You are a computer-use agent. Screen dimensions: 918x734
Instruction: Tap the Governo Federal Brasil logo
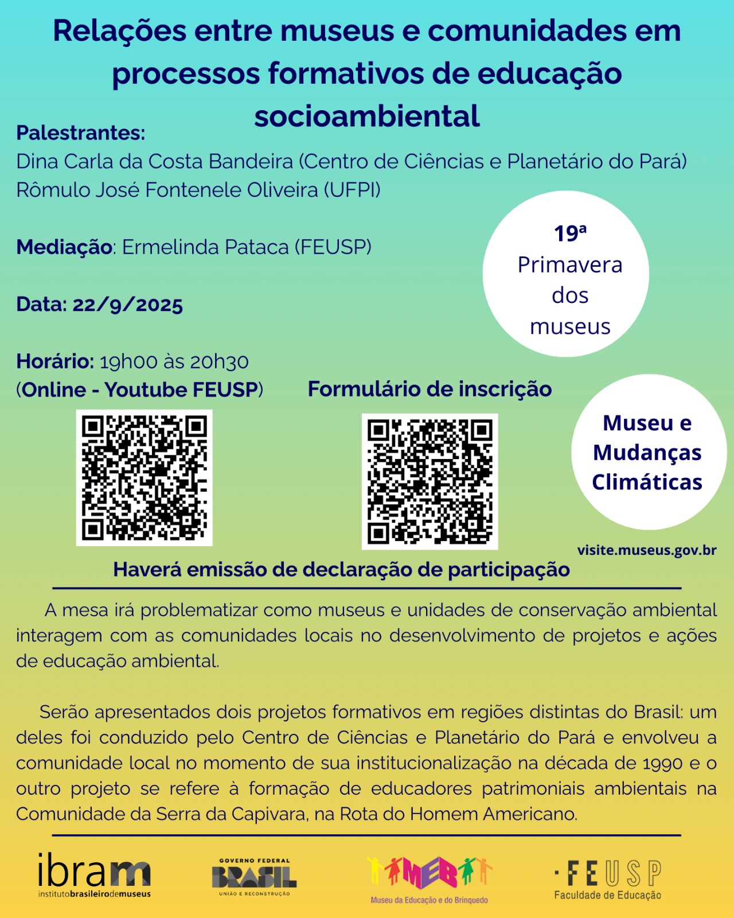click(254, 877)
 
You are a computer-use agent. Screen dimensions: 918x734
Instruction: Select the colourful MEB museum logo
click(430, 880)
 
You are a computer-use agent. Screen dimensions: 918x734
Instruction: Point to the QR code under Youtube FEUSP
click(144, 477)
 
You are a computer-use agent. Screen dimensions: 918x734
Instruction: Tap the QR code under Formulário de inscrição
click(430, 481)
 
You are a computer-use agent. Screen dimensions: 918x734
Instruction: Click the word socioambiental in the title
click(367, 116)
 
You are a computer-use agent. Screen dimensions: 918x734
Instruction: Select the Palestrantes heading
click(81, 133)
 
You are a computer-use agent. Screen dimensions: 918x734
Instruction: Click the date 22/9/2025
click(127, 305)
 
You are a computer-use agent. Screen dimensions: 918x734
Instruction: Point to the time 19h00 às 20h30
click(174, 361)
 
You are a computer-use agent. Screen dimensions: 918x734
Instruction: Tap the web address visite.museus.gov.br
click(647, 550)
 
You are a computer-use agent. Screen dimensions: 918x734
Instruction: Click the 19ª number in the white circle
click(570, 233)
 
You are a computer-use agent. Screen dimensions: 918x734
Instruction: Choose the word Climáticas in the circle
click(647, 483)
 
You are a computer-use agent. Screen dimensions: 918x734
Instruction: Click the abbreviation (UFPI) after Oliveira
click(352, 190)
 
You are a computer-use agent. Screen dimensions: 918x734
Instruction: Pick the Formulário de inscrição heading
click(430, 389)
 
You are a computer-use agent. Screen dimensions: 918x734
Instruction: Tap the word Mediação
click(64, 247)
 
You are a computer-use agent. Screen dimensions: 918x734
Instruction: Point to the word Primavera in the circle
click(570, 265)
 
